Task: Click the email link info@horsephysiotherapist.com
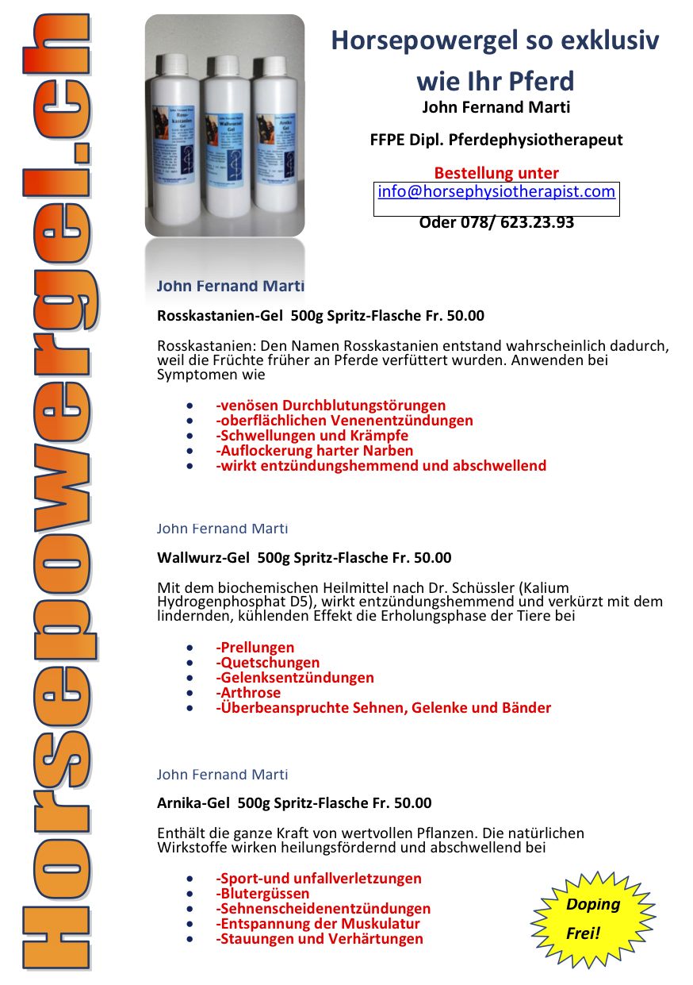(496, 191)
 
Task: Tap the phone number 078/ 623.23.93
(496, 222)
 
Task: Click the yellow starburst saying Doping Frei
(592, 918)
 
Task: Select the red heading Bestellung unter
(496, 173)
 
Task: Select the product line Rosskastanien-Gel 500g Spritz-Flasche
(320, 316)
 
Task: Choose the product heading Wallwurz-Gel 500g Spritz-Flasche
(304, 558)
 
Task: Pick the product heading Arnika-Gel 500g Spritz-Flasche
(294, 803)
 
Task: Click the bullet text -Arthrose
(248, 693)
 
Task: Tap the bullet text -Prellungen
(255, 648)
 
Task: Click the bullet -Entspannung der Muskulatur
(318, 924)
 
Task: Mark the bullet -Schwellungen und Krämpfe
(312, 436)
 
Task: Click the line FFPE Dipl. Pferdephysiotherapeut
(496, 140)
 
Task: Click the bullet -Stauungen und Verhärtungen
(320, 939)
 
